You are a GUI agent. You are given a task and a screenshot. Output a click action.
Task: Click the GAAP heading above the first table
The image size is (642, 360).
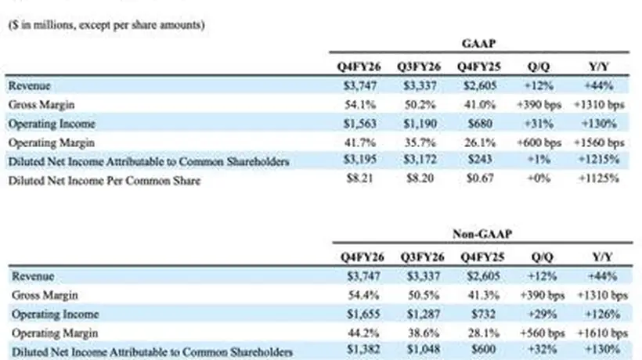478,43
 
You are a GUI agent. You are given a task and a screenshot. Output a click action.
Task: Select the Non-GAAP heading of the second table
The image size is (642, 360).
482,234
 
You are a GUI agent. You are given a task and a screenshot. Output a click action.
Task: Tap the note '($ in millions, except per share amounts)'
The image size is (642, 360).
106,25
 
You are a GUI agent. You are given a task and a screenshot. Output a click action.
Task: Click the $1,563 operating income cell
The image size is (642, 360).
360,124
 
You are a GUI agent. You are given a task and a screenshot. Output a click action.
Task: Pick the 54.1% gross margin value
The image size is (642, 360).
360,105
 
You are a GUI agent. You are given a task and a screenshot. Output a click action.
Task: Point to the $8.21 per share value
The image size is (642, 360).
360,178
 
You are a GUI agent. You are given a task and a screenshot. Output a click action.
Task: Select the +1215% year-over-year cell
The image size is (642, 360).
599,159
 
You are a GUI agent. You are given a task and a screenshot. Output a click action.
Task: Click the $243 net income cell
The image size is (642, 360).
480,159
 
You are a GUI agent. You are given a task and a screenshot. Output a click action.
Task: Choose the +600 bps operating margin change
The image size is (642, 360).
539,142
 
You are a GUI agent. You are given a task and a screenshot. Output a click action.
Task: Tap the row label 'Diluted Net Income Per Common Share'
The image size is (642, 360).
104,181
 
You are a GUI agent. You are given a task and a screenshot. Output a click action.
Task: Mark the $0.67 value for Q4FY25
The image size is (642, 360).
480,178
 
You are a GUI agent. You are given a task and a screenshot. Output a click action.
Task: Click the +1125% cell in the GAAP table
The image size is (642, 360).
599,178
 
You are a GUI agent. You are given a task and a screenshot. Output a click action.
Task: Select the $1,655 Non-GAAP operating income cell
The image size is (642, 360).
363,314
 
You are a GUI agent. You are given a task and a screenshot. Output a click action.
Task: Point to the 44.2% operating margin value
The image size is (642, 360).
363,333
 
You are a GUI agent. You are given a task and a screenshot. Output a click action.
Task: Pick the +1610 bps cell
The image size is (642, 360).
602,333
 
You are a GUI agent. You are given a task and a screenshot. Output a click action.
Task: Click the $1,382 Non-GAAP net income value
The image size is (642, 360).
363,349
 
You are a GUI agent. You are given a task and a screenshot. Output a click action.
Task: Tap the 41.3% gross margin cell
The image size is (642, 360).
484,295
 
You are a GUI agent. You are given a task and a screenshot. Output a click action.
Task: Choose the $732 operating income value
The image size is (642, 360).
484,314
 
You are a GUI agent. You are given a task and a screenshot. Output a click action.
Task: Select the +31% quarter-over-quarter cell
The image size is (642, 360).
539,124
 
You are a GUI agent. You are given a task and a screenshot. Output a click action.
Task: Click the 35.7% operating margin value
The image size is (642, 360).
420,142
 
